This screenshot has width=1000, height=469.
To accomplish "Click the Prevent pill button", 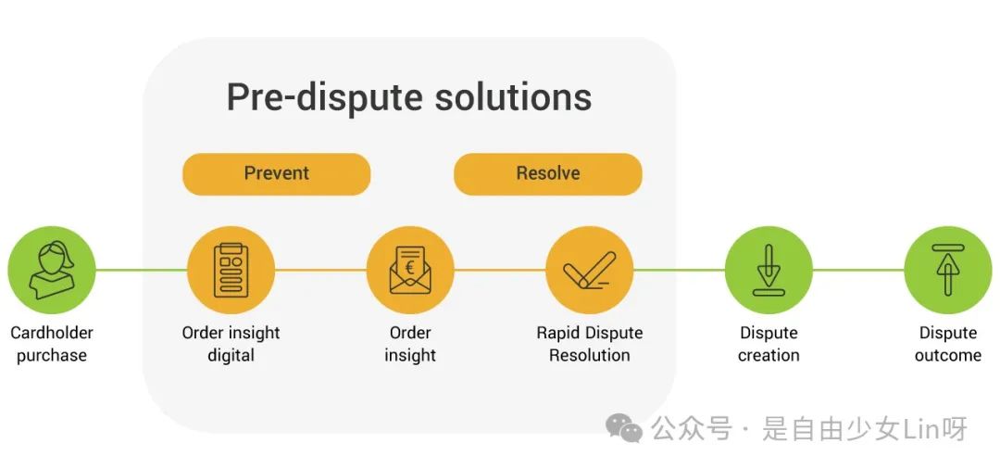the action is coord(276,173).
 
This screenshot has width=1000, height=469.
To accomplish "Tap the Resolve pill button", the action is coord(548,173).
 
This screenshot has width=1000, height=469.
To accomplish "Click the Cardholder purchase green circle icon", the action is coord(52,270).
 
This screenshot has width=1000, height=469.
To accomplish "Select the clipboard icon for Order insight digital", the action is coord(231,270).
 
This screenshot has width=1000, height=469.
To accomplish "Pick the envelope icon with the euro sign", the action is coord(410,270).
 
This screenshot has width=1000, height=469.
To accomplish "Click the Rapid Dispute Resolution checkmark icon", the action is coord(589,270).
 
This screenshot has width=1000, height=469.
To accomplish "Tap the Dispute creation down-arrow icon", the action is coord(769,270).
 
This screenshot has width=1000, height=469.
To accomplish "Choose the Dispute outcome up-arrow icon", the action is coord(948,270).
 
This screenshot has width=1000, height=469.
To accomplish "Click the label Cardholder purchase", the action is coord(52,344).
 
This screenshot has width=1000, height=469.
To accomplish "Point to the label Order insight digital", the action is coord(231,344).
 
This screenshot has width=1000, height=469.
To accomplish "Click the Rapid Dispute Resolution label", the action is coord(589,344).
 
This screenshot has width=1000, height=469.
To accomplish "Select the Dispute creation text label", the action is coord(769,344).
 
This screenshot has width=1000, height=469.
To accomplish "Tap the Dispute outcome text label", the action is coord(948,344).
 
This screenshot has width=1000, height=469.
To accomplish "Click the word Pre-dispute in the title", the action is coord(325,98).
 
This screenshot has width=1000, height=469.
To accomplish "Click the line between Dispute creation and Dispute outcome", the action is coord(858,270).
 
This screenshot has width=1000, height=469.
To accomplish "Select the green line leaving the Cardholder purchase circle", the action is coord(141,270).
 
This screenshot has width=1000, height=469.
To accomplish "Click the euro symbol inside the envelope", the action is coord(409,267).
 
